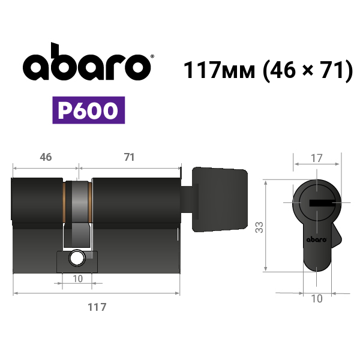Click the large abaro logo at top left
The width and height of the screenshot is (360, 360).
tap(87, 62)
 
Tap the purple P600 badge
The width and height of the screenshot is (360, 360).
tap(89, 110)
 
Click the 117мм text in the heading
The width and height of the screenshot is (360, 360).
tap(220, 70)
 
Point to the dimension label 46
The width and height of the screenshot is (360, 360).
tap(46, 157)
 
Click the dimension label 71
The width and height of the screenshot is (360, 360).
tap(129, 157)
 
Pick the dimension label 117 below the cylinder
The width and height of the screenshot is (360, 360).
tap(97, 307)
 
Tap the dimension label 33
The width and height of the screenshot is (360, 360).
tap(259, 227)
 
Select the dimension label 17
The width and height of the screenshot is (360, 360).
tap(316, 158)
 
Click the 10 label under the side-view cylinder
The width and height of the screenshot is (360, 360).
tap(77, 279)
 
